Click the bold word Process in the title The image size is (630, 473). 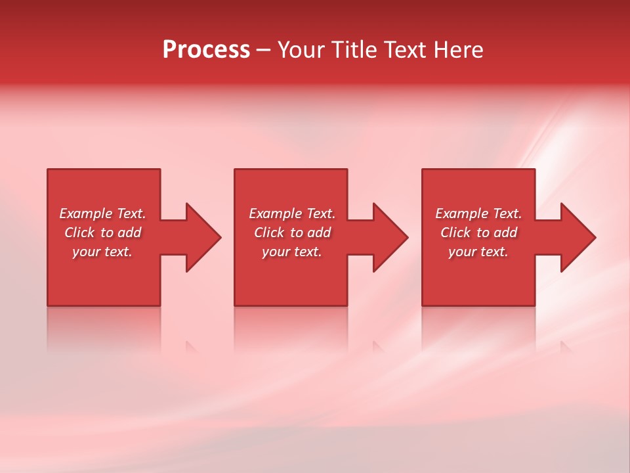pos(206,50)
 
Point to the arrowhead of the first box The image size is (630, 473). pos(201,237)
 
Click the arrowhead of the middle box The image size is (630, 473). pos(388,237)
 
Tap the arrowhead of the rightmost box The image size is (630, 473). pos(576,237)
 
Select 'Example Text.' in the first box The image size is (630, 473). pos(102,214)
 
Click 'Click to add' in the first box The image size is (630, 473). pos(102,233)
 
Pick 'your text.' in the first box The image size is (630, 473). pos(102,252)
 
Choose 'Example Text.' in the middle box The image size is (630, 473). pos(292,214)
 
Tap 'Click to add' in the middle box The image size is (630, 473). pos(292,233)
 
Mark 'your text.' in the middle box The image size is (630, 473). pos(292,252)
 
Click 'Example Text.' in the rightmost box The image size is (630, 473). pos(478,214)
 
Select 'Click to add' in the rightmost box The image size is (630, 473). pos(478,233)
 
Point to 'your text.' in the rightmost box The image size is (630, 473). pos(478,252)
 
